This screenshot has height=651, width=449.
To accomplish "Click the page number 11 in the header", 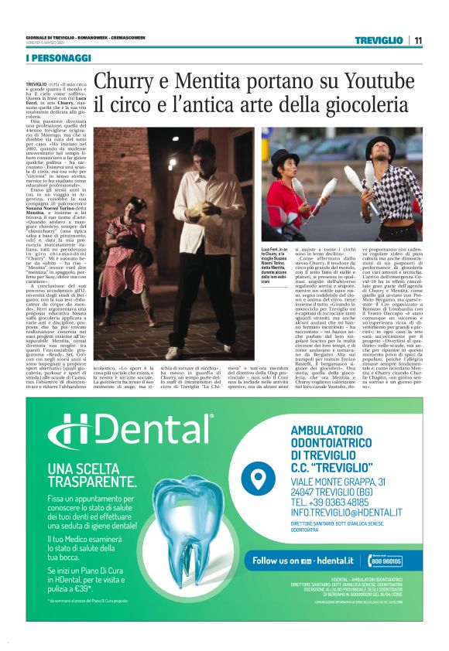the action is coord(418,40).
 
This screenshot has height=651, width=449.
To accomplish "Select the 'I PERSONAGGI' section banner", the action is coord(58,59).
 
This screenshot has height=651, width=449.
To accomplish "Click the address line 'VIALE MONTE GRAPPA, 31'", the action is coord(348,480).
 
